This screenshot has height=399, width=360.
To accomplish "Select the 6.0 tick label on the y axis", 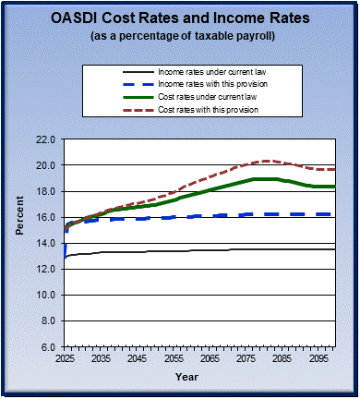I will coord(47,346).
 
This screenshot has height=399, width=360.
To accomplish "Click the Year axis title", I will coord(187,377).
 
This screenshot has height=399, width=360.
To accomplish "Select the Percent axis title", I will coord(18,243).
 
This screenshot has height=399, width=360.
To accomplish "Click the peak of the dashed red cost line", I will coord(266,161).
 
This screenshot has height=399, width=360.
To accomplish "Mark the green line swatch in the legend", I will coord(123,97).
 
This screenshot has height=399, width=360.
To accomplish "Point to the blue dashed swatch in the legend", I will coord(123,84).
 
